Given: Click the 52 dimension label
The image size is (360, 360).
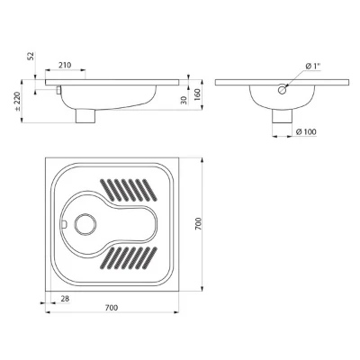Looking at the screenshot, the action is pyautogui.click(x=31, y=56).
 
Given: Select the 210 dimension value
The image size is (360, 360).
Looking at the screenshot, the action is pyautogui.click(x=65, y=65).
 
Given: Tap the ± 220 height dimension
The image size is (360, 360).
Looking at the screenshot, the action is pyautogui.click(x=17, y=102).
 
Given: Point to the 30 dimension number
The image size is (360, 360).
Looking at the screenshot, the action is pyautogui.click(x=184, y=100).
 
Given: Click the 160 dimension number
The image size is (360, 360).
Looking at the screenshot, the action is pyautogui.click(x=197, y=94).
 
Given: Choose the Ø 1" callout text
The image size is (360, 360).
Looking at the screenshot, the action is pyautogui.click(x=311, y=67).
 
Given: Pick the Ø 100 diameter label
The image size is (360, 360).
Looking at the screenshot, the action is pyautogui.click(x=306, y=131).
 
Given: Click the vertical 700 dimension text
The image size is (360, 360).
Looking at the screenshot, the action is pyautogui.click(x=198, y=224).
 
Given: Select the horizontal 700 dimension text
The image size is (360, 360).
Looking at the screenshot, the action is pyautogui.click(x=112, y=308).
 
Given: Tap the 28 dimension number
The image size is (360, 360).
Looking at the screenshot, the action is pyautogui.click(x=65, y=299).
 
